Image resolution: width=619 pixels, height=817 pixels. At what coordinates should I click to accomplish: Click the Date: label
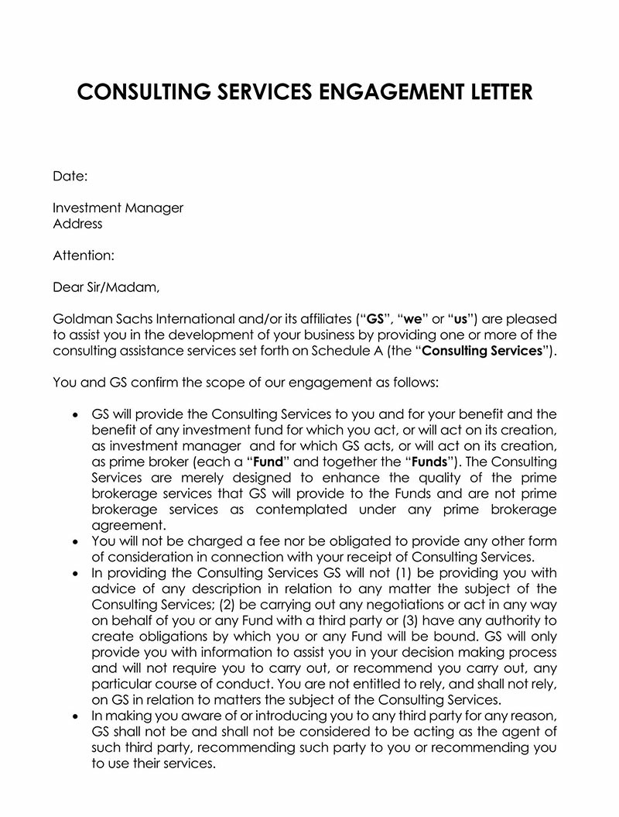(70, 177)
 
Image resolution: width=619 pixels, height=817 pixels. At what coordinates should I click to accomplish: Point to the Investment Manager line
(118, 208)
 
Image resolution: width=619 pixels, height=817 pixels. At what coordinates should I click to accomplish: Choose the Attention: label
(84, 255)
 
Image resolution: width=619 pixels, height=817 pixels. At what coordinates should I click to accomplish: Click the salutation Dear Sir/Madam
(106, 287)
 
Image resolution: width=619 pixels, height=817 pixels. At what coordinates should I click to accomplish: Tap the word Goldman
(80, 319)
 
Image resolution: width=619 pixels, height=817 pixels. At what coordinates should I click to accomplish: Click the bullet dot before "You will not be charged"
(75, 541)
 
